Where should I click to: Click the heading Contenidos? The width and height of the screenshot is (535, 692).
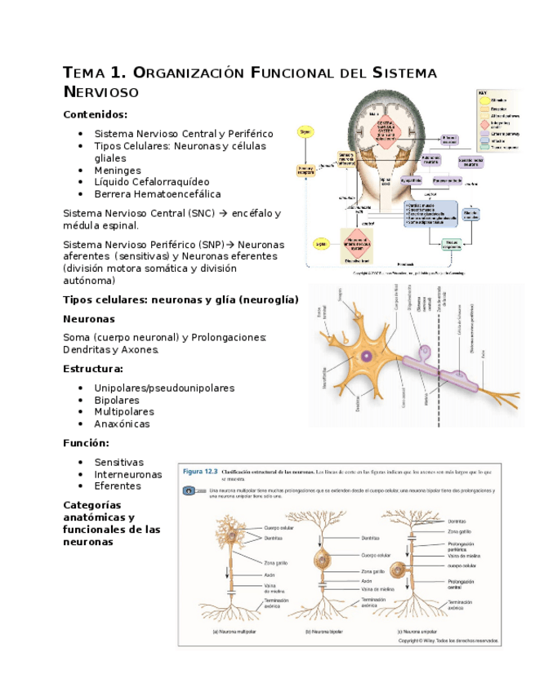coord(95,115)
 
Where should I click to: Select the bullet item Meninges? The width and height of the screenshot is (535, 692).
coord(117,171)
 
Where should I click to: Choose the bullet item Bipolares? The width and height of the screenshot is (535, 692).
coord(116,401)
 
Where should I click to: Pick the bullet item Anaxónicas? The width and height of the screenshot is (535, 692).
coord(122,424)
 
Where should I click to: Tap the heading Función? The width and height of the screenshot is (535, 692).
coord(86,443)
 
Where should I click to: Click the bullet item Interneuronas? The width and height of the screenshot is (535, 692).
coord(127,474)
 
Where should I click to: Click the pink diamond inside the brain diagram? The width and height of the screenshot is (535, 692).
coord(379,128)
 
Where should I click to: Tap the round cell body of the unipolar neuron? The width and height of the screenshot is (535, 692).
coord(399,569)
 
